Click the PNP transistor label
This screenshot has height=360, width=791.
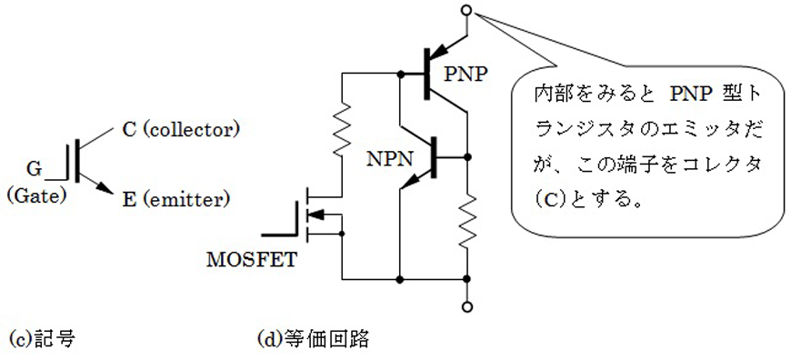pos(466,75)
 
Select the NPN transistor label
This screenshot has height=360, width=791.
pos(390,160)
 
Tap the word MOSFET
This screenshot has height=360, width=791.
pos(252,260)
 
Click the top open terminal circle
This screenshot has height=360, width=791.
pos(467,11)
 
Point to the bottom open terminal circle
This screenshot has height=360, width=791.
pos(467,306)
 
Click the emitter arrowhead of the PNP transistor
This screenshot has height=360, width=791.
pos(439,50)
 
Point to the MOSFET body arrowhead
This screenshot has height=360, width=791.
pos(315,215)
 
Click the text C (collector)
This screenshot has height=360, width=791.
pos(180,130)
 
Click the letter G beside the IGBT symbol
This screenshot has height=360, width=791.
pos(35,170)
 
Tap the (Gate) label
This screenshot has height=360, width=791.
pos(37,195)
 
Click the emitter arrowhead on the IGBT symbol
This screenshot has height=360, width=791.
pos(105,187)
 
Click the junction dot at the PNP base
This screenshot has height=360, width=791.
pos(400,75)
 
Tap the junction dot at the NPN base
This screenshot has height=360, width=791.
pos(467,157)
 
